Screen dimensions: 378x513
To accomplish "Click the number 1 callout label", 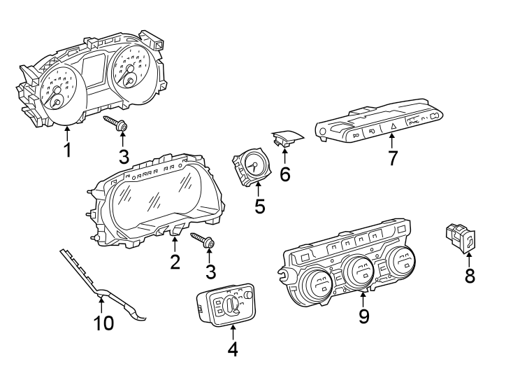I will [x=67, y=150].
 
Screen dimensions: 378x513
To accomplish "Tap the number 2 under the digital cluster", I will [x=175, y=262].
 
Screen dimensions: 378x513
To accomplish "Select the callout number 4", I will [x=233, y=348].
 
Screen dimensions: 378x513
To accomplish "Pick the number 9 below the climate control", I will [x=363, y=316].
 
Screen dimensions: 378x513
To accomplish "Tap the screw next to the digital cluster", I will [x=202, y=241].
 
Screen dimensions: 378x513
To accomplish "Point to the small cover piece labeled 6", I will [x=287, y=137].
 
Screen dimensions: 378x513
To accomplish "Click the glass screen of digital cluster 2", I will [x=154, y=199].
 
